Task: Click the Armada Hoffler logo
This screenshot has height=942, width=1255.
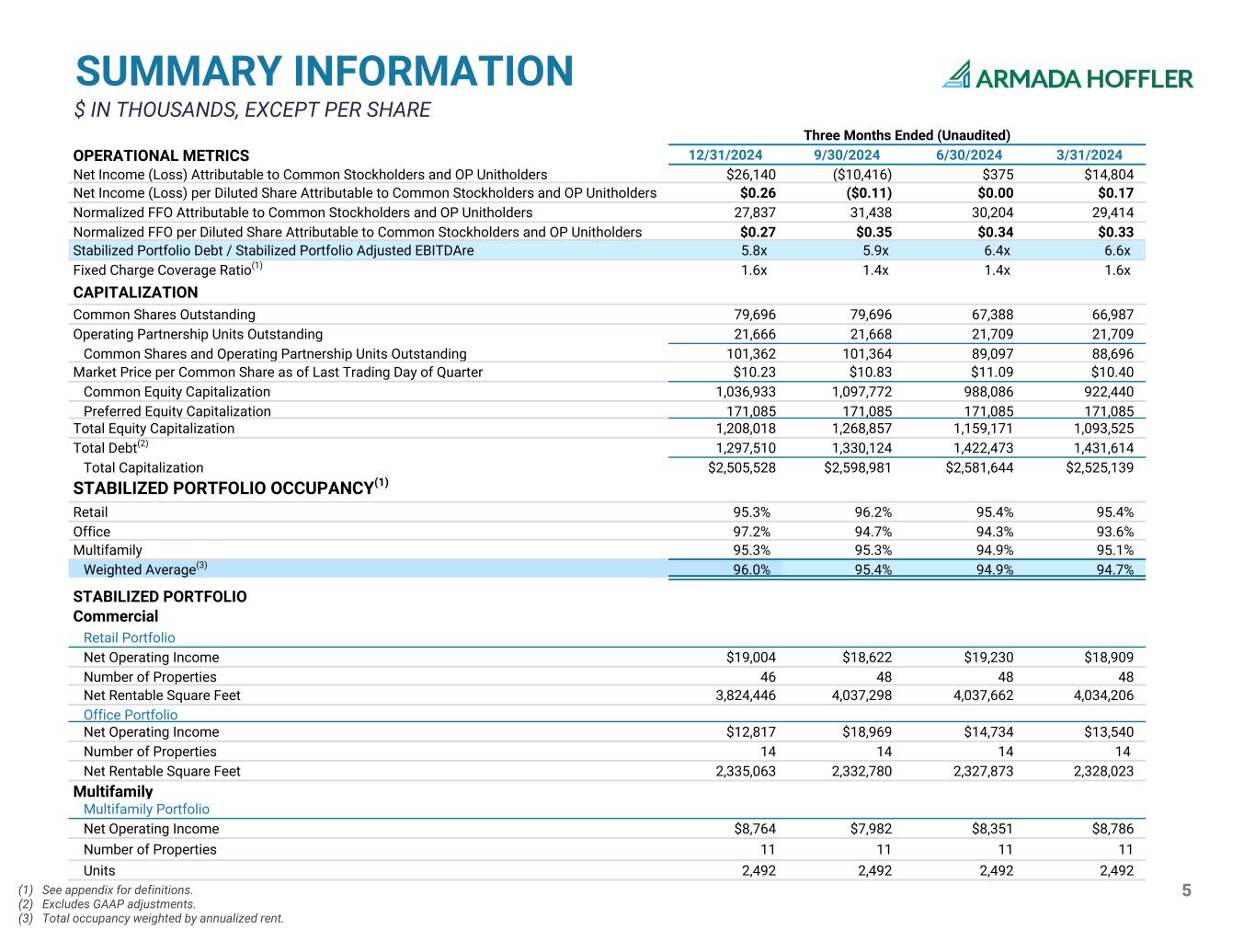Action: (1067, 75)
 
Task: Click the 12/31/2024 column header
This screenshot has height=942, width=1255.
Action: (725, 155)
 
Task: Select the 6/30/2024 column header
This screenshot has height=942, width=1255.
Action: (968, 155)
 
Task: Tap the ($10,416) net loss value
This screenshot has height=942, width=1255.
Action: (861, 175)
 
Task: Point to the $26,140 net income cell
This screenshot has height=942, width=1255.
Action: (751, 175)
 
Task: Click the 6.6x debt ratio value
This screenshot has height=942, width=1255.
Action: (1117, 250)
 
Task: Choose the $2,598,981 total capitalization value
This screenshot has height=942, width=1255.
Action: (857, 468)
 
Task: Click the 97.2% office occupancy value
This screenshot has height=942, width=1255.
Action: (751, 532)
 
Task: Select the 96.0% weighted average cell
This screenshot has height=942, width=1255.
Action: (751, 569)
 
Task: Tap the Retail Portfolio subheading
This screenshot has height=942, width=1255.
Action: (130, 638)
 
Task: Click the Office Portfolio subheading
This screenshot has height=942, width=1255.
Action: (131, 715)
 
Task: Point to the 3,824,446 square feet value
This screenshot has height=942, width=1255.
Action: (746, 695)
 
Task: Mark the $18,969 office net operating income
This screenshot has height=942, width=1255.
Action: (867, 732)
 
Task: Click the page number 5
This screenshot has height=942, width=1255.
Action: (1186, 890)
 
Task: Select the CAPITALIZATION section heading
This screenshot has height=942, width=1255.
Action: (135, 293)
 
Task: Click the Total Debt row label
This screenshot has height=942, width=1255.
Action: (110, 447)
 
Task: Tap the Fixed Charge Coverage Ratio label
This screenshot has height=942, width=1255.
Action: (167, 269)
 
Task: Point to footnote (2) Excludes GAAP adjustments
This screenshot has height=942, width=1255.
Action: (107, 904)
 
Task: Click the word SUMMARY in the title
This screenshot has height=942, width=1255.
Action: (178, 72)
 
